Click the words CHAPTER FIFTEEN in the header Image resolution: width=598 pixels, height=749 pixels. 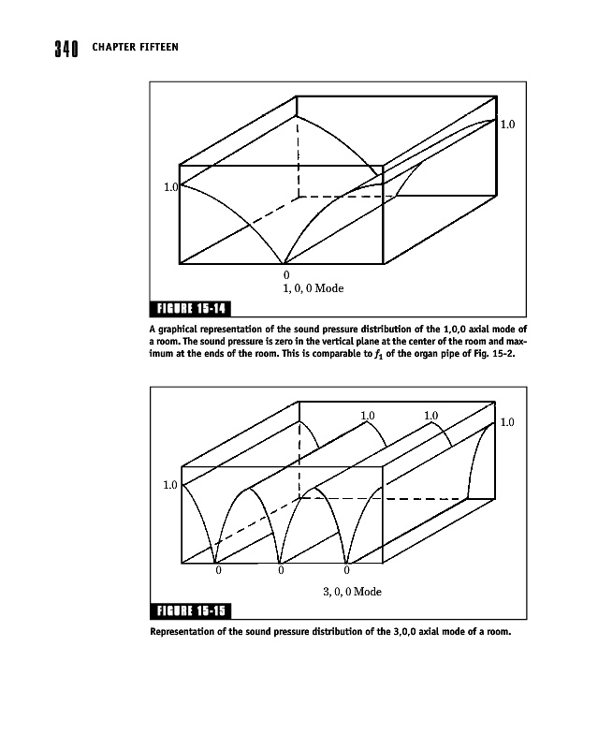[135, 47]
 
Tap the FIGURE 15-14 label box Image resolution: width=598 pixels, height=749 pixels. [191, 310]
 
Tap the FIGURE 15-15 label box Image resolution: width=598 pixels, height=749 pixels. [191, 612]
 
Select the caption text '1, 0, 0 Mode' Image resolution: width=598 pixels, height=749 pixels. [314, 288]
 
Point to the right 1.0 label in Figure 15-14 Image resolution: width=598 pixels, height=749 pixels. [506, 124]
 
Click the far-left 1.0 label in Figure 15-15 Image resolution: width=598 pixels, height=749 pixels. [169, 485]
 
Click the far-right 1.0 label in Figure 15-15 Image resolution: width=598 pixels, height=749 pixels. [506, 423]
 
